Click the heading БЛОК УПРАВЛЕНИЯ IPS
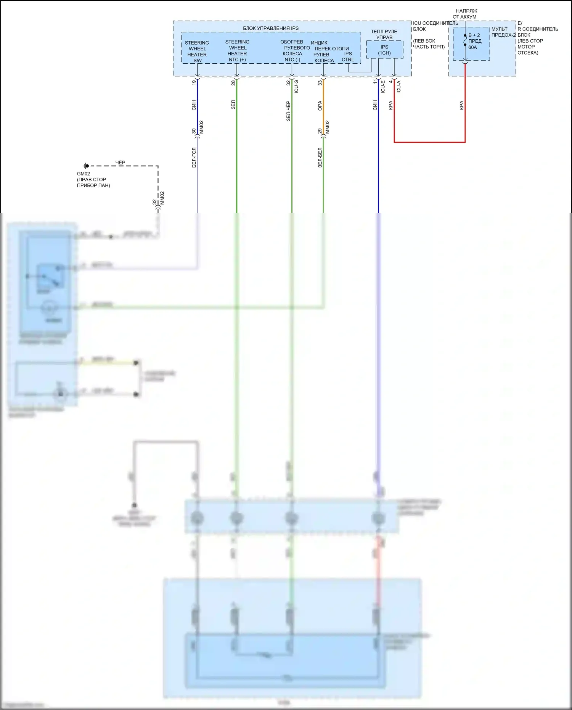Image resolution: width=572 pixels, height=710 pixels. coord(271,28)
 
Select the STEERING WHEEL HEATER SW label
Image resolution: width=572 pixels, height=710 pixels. coord(197,52)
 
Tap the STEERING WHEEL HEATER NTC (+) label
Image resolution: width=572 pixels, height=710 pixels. coord(237,51)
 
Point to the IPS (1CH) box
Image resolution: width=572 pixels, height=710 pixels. coord(384,50)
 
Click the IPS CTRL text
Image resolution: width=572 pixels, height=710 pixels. coord(348,56)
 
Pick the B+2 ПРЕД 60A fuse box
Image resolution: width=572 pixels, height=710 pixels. coord(471,43)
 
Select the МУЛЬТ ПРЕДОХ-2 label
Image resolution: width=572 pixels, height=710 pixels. coord(503,32)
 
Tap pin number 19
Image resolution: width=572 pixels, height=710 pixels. coord(194,82)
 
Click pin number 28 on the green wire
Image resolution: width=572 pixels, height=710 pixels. coord(233,82)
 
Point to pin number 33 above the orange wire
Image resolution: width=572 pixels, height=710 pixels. coord(320,82)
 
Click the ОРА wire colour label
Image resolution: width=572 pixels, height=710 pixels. coord(320,106)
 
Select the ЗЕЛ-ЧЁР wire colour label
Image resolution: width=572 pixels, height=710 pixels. coord(288,111)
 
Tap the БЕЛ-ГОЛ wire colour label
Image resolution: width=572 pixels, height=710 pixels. coord(194,158)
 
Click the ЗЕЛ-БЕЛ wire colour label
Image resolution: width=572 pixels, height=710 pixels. coord(320,158)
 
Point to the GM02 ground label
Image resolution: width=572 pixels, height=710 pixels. coord(83,174)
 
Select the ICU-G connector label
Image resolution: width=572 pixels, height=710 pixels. coord(296,87)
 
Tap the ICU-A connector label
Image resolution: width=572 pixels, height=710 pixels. coord(398,87)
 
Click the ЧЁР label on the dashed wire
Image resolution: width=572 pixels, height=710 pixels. coord(120,163)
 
